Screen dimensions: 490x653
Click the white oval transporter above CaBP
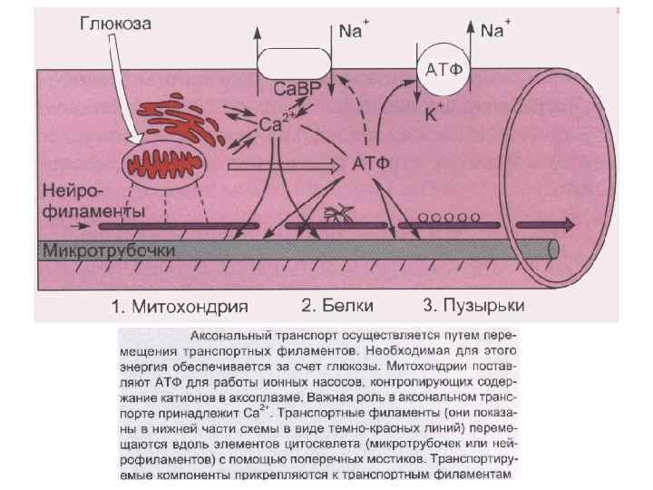click(x=292, y=64)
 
